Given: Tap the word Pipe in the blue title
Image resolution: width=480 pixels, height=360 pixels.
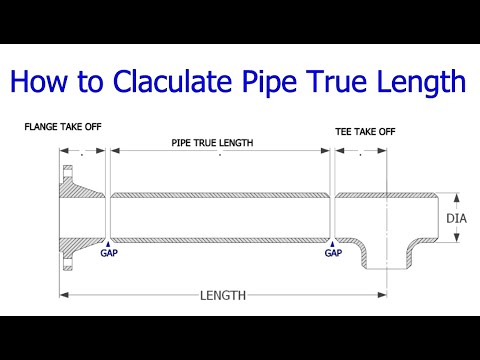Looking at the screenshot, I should [x=286, y=81].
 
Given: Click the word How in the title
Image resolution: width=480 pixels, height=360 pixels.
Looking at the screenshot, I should [x=43, y=81].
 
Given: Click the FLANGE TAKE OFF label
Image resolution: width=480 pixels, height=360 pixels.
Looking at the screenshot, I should [x=62, y=127].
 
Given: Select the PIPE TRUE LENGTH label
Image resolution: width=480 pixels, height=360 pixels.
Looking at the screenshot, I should [x=212, y=143].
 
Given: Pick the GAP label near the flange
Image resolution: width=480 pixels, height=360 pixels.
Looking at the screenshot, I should [x=108, y=253].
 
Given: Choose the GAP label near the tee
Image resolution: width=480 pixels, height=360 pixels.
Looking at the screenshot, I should [x=333, y=253].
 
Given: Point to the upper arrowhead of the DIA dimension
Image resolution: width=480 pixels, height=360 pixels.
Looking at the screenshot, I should [x=456, y=197].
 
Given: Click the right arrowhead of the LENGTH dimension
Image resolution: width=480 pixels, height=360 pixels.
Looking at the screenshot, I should [x=382, y=295].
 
